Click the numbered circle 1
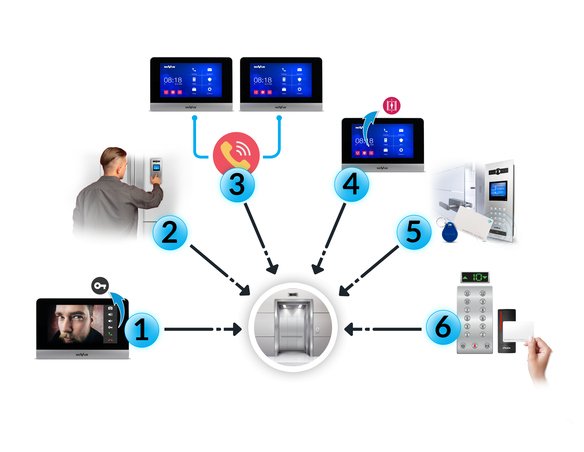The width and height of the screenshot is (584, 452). (x=142, y=330)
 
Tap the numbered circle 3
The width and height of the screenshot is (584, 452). (x=237, y=185)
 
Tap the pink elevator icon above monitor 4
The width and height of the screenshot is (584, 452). (x=392, y=106)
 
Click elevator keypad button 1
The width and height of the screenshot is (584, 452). (x=467, y=335)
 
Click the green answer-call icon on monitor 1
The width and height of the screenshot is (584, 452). (x=110, y=334)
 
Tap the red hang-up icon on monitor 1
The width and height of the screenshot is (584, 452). (x=110, y=340)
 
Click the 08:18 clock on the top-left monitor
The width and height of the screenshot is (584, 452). (x=173, y=80)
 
